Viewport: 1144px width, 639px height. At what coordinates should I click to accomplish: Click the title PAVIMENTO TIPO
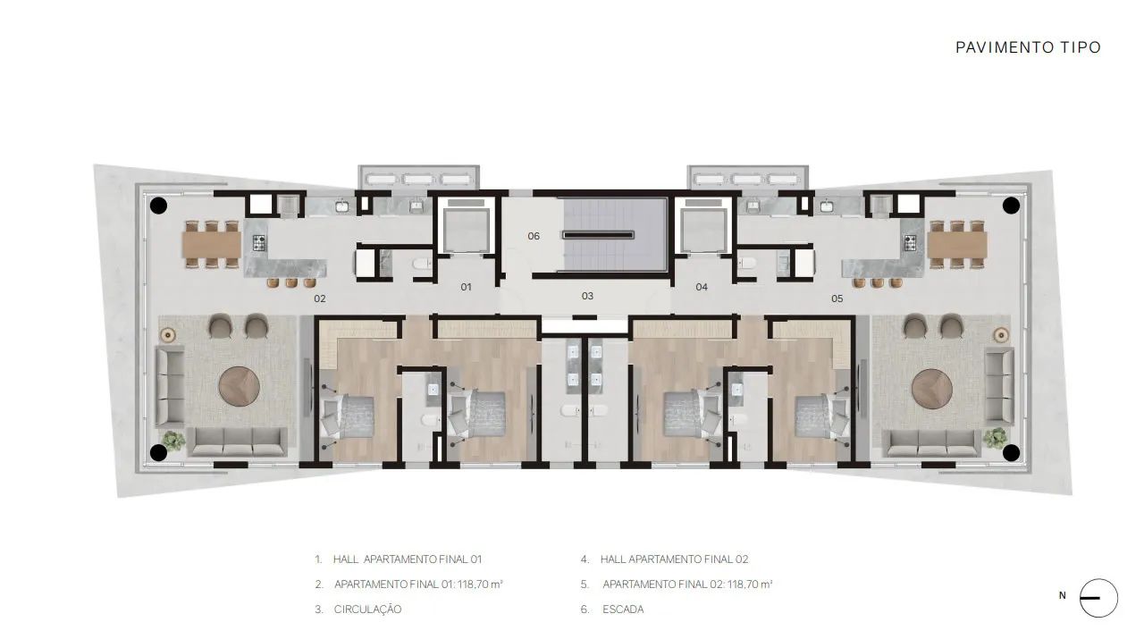pyautogui.click(x=1028, y=47)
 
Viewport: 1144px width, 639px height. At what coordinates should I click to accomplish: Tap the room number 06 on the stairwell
pyautogui.click(x=534, y=236)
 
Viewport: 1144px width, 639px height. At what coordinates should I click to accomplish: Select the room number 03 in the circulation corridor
pyautogui.click(x=587, y=296)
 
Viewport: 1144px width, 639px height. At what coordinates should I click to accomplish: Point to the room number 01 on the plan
pyautogui.click(x=466, y=287)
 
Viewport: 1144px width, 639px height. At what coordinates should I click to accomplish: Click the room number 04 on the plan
pyautogui.click(x=702, y=287)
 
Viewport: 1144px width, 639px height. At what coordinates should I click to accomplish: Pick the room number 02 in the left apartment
pyautogui.click(x=320, y=298)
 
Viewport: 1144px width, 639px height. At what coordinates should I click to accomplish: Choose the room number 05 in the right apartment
pyautogui.click(x=837, y=298)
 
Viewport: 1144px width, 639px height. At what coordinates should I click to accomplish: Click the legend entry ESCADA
pyautogui.click(x=623, y=610)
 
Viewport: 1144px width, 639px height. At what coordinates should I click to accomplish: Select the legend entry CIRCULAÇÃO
pyautogui.click(x=367, y=610)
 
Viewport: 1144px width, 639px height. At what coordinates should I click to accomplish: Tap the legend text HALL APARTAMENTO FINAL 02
pyautogui.click(x=674, y=559)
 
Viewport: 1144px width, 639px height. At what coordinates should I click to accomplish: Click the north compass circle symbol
pyautogui.click(x=1098, y=598)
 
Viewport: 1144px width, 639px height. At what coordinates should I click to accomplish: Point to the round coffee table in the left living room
pyautogui.click(x=239, y=387)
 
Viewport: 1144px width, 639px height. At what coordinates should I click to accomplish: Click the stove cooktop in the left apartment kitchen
pyautogui.click(x=259, y=242)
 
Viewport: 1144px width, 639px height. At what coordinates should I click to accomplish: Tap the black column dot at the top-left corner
pyautogui.click(x=158, y=206)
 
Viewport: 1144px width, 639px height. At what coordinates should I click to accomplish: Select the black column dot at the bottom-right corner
pyautogui.click(x=1011, y=452)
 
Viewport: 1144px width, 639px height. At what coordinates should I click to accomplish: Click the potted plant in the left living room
pyautogui.click(x=173, y=441)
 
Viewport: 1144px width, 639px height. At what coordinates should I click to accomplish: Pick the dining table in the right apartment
pyautogui.click(x=957, y=244)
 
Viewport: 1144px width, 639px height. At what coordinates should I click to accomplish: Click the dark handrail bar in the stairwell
pyautogui.click(x=599, y=235)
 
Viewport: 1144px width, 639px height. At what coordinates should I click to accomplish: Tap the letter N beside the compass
pyautogui.click(x=1063, y=595)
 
